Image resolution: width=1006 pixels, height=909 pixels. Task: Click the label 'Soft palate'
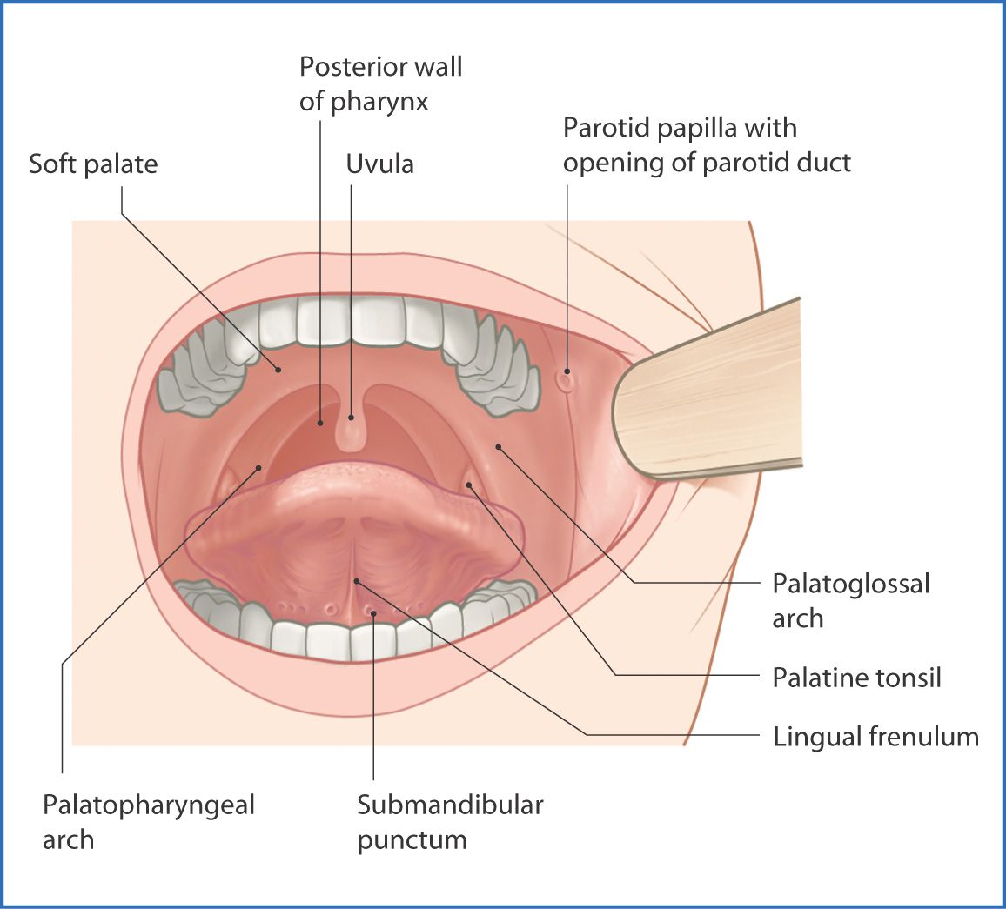(93, 164)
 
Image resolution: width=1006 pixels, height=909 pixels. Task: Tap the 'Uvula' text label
(379, 164)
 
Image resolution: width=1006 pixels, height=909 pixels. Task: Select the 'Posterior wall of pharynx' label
(380, 84)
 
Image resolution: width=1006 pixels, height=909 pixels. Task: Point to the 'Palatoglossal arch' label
(850, 600)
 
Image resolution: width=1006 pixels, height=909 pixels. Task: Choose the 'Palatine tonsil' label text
(856, 678)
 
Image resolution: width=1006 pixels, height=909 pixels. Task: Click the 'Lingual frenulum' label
(875, 737)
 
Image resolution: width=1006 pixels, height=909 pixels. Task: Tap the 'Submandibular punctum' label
(450, 822)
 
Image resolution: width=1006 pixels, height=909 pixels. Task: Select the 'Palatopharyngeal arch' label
(148, 822)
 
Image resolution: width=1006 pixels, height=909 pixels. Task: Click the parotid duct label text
(707, 145)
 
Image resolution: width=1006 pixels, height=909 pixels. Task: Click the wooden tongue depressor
(714, 391)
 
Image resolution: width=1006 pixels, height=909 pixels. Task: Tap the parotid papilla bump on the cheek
(567, 379)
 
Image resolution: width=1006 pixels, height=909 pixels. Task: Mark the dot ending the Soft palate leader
(279, 369)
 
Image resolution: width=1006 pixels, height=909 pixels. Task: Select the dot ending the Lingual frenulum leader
(355, 579)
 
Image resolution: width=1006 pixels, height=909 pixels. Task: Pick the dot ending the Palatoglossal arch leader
(499, 447)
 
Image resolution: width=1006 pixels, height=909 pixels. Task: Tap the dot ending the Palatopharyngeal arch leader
(258, 468)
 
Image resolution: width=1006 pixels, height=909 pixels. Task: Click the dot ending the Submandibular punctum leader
(373, 613)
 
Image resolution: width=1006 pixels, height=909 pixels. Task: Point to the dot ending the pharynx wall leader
(320, 424)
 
